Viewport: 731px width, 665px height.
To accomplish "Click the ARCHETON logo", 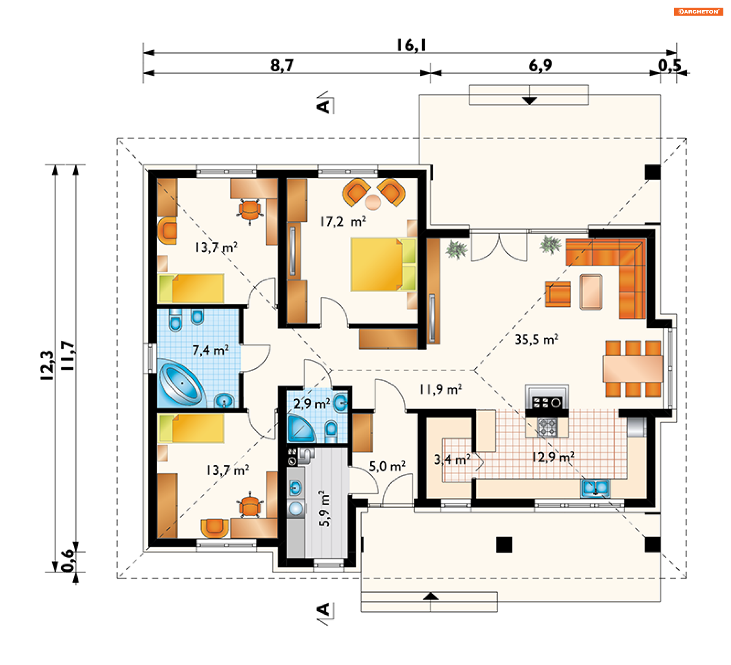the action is coord(698,11).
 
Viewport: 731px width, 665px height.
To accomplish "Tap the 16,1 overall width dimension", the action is coord(411,45).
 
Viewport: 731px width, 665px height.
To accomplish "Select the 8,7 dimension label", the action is coord(282,65).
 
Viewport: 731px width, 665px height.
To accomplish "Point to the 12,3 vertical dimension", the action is coord(47,365).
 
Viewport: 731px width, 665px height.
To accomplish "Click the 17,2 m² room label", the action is coord(343,221).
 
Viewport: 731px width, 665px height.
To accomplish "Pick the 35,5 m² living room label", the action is coord(536,339).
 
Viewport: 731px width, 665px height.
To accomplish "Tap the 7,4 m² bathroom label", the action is coord(211,350).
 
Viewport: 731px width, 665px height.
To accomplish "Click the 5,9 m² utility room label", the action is coord(324,509).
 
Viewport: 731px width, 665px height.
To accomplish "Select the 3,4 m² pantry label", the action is coord(452,459).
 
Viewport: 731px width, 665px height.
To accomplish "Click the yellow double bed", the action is coord(383,264).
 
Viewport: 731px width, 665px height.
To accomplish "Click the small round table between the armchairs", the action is coord(373,202).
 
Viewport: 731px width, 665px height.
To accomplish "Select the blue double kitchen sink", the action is coord(595,488).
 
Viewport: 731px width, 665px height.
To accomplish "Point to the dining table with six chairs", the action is coord(633,368).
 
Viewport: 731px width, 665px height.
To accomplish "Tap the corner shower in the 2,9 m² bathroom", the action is coord(300,429).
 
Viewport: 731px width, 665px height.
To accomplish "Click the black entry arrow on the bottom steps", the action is coord(431,596).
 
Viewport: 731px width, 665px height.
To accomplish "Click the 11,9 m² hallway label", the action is coord(441,389).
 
